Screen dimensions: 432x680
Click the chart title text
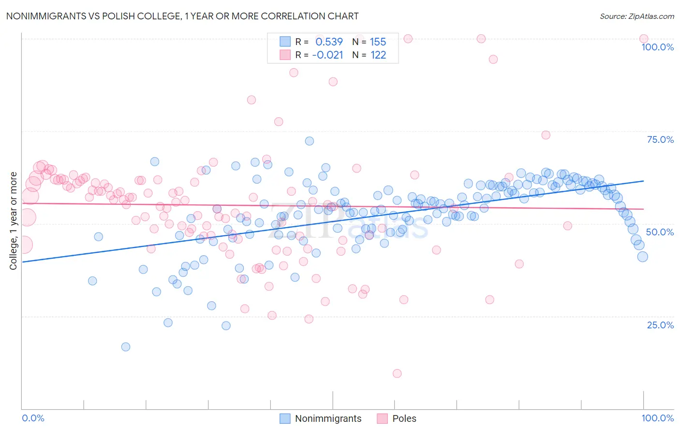coord(182,16)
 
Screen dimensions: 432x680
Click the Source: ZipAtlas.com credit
coord(636,16)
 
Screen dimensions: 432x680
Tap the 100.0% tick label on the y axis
coord(657,47)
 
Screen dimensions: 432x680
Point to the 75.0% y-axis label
coord(660,139)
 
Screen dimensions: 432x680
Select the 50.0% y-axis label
coord(660,232)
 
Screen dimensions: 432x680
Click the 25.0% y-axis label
coord(660,325)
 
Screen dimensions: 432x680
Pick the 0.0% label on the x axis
coord(33,418)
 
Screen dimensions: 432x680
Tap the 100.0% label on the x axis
coord(657,418)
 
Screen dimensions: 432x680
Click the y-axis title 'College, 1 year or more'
coord(14,221)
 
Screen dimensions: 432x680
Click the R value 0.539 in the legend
coord(329,42)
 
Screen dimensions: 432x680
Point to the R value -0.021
coord(327,55)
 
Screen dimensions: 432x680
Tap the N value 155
coord(378,42)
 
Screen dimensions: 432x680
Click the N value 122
coord(378,55)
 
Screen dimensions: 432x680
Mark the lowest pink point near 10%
coord(397,373)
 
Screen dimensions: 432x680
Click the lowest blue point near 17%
coord(126,347)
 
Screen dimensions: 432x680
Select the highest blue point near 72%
coord(310,141)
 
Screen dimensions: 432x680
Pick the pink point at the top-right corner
coord(644,39)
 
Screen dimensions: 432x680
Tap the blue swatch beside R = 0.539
coord(285,42)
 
